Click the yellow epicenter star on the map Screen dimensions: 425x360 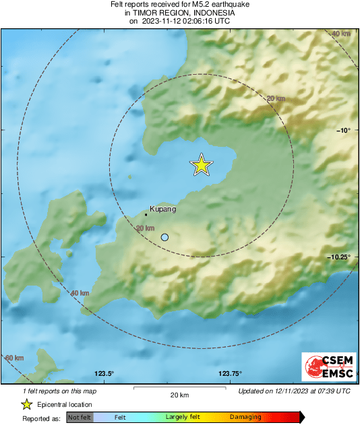(201, 165)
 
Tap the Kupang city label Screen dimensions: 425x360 (162, 209)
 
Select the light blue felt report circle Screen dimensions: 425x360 (165, 237)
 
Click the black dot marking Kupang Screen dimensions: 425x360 (146, 215)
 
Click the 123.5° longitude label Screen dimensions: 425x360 (104, 374)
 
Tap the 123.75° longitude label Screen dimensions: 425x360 (231, 374)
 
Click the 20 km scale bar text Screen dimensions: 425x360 (179, 395)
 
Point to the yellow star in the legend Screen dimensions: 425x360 (26, 405)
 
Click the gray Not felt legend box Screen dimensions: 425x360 (80, 418)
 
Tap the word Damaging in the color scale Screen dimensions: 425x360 (245, 418)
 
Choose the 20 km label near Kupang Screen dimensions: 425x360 (145, 228)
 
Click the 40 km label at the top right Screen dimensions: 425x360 (341, 34)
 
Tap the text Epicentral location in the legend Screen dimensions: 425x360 (65, 405)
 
